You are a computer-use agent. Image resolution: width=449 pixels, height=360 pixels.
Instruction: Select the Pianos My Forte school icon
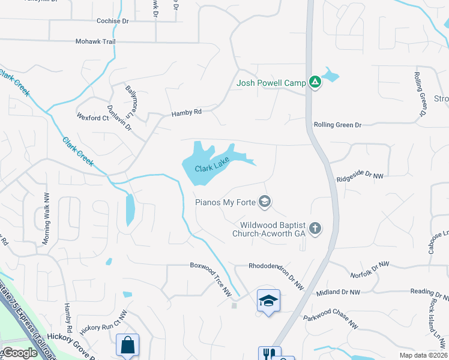(x=264, y=202)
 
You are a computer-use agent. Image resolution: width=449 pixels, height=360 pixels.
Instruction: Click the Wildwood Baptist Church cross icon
(x=315, y=228)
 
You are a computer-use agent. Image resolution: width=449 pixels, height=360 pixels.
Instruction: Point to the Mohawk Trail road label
(x=95, y=41)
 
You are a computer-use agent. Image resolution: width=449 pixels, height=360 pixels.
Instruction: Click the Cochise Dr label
(x=113, y=21)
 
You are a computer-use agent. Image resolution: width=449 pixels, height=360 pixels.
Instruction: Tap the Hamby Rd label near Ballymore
(x=186, y=113)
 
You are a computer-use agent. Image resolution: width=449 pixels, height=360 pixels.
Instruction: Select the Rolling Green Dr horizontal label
(x=337, y=125)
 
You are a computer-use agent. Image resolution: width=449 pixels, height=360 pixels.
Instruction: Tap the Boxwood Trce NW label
(x=211, y=278)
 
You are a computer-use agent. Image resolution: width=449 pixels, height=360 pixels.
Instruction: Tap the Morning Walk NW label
(x=45, y=218)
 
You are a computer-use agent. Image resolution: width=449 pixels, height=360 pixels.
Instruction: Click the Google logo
(x=19, y=353)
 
